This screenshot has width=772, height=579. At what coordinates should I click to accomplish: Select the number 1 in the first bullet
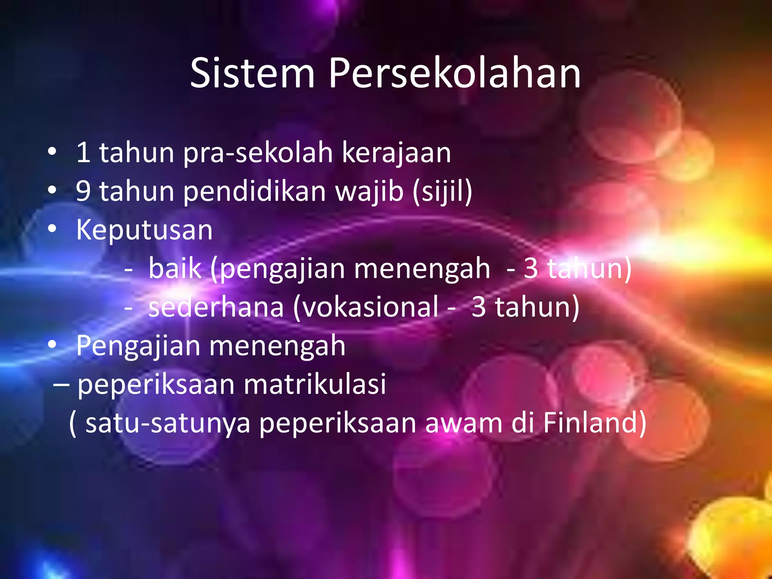[83, 153]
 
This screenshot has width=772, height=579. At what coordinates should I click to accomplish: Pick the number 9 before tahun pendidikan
[83, 191]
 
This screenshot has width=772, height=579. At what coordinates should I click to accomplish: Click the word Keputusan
[144, 230]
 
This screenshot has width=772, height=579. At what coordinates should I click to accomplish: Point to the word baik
[175, 268]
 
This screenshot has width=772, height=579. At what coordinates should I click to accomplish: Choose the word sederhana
[216, 307]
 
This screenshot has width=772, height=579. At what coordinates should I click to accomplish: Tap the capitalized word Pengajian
[138, 346]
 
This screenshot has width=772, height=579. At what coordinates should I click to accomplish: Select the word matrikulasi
[315, 384]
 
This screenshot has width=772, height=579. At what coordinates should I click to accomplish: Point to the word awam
[464, 423]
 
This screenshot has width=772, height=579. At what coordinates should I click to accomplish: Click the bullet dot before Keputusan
[52, 228]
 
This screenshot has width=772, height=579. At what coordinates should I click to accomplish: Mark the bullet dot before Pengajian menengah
[52, 344]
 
